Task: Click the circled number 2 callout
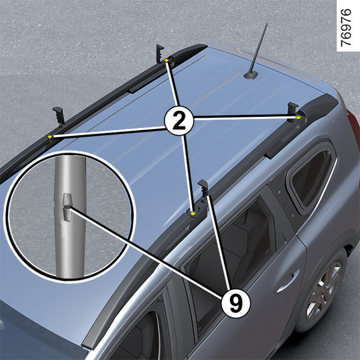[x=179, y=121]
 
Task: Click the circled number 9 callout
[x=236, y=304]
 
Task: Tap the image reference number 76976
[x=346, y=28]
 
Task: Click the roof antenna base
[x=251, y=75]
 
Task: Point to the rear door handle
[x=289, y=280]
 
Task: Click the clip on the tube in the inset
[x=67, y=207]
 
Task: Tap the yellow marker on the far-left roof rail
[x=50, y=137]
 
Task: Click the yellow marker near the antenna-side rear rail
[x=298, y=118]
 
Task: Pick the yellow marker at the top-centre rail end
[x=166, y=61]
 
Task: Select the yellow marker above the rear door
[x=193, y=213]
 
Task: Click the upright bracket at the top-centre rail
[x=160, y=53]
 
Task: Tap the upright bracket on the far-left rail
[x=58, y=116]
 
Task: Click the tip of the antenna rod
[x=267, y=23]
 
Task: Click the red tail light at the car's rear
[x=354, y=128]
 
